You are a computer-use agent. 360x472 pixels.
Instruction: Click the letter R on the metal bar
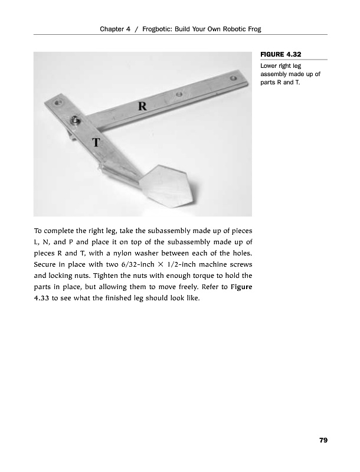pyautogui.click(x=142, y=106)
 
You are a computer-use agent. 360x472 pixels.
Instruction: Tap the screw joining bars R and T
pyautogui.click(x=76, y=119)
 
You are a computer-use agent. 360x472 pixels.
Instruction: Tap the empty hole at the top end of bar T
pyautogui.click(x=58, y=103)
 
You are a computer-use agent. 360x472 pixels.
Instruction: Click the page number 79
pyautogui.click(x=323, y=440)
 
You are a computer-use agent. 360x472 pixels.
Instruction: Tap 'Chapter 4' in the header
pyautogui.click(x=116, y=29)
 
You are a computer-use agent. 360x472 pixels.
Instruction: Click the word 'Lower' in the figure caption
pyautogui.click(x=269, y=65)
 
